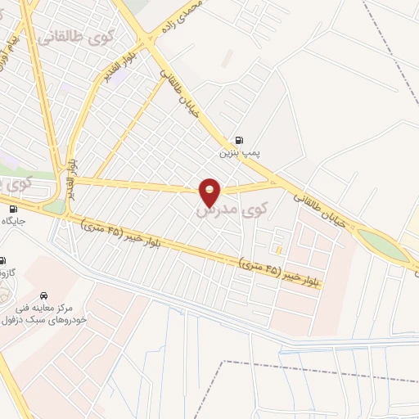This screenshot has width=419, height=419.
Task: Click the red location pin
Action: point(210,192)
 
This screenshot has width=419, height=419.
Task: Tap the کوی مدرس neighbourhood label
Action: point(221,210)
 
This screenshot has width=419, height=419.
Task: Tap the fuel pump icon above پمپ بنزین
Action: point(238,140)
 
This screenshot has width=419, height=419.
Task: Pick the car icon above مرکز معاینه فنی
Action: point(43,294)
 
